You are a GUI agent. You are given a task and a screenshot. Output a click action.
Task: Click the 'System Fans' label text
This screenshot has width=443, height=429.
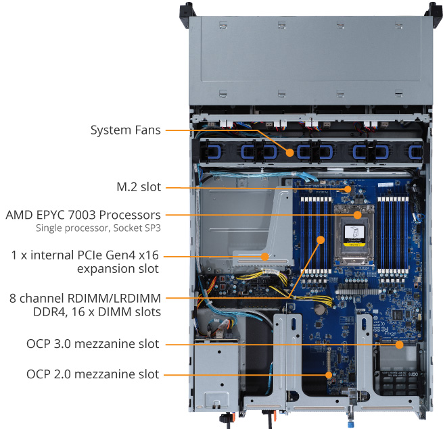[x=126, y=130]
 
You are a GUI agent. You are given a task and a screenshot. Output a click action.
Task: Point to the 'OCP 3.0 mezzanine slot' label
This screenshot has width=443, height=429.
[x=93, y=344]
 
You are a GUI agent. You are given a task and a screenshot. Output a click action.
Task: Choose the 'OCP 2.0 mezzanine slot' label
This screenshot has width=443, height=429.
[x=93, y=374]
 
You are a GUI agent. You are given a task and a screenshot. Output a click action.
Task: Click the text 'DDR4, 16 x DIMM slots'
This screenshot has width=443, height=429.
[x=102, y=311]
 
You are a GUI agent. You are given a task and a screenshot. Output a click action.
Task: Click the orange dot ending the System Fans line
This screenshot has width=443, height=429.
[x=289, y=153]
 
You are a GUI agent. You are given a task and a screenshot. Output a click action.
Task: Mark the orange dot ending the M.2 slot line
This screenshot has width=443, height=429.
[x=348, y=189]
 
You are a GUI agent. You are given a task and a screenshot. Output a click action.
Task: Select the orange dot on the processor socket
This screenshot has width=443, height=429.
[x=358, y=216]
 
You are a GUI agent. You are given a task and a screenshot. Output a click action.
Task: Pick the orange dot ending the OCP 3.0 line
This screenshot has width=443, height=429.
[x=400, y=345]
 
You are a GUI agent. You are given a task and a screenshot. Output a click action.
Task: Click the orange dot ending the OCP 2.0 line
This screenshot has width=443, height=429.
[x=329, y=374]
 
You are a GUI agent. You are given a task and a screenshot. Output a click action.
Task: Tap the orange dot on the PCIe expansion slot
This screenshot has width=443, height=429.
[x=266, y=257]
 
